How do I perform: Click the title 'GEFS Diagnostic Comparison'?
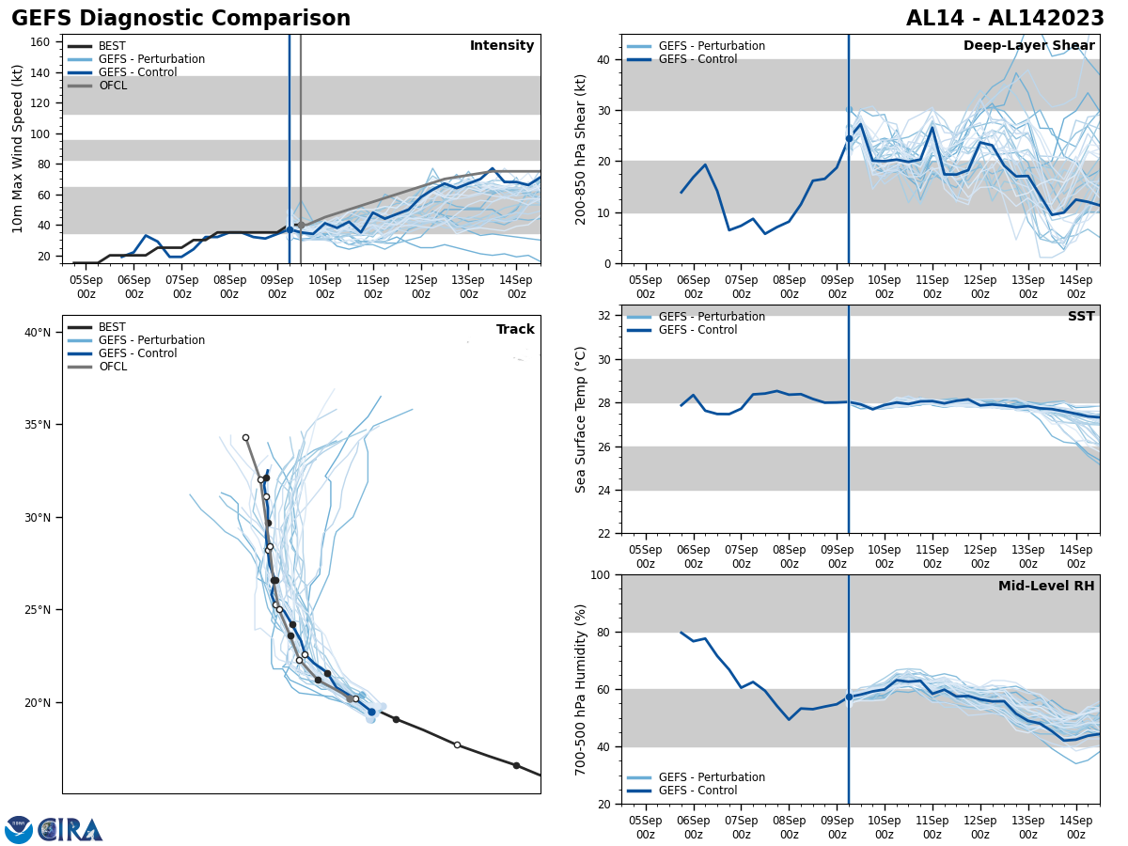(180, 19)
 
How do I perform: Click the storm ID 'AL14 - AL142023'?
(1005, 19)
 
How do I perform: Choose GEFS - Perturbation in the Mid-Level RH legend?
(712, 777)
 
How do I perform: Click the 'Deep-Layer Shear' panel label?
(1028, 46)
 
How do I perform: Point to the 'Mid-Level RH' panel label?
(1046, 587)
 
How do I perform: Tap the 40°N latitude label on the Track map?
(38, 333)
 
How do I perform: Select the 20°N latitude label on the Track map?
(38, 703)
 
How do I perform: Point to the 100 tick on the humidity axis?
(600, 574)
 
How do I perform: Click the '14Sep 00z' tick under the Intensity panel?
(517, 286)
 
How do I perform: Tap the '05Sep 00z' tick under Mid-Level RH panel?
(646, 827)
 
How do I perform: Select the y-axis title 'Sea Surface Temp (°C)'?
(582, 419)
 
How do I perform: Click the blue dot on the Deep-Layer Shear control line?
(849, 138)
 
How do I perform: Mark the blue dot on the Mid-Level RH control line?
(849, 697)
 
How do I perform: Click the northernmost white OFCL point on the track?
(245, 437)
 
